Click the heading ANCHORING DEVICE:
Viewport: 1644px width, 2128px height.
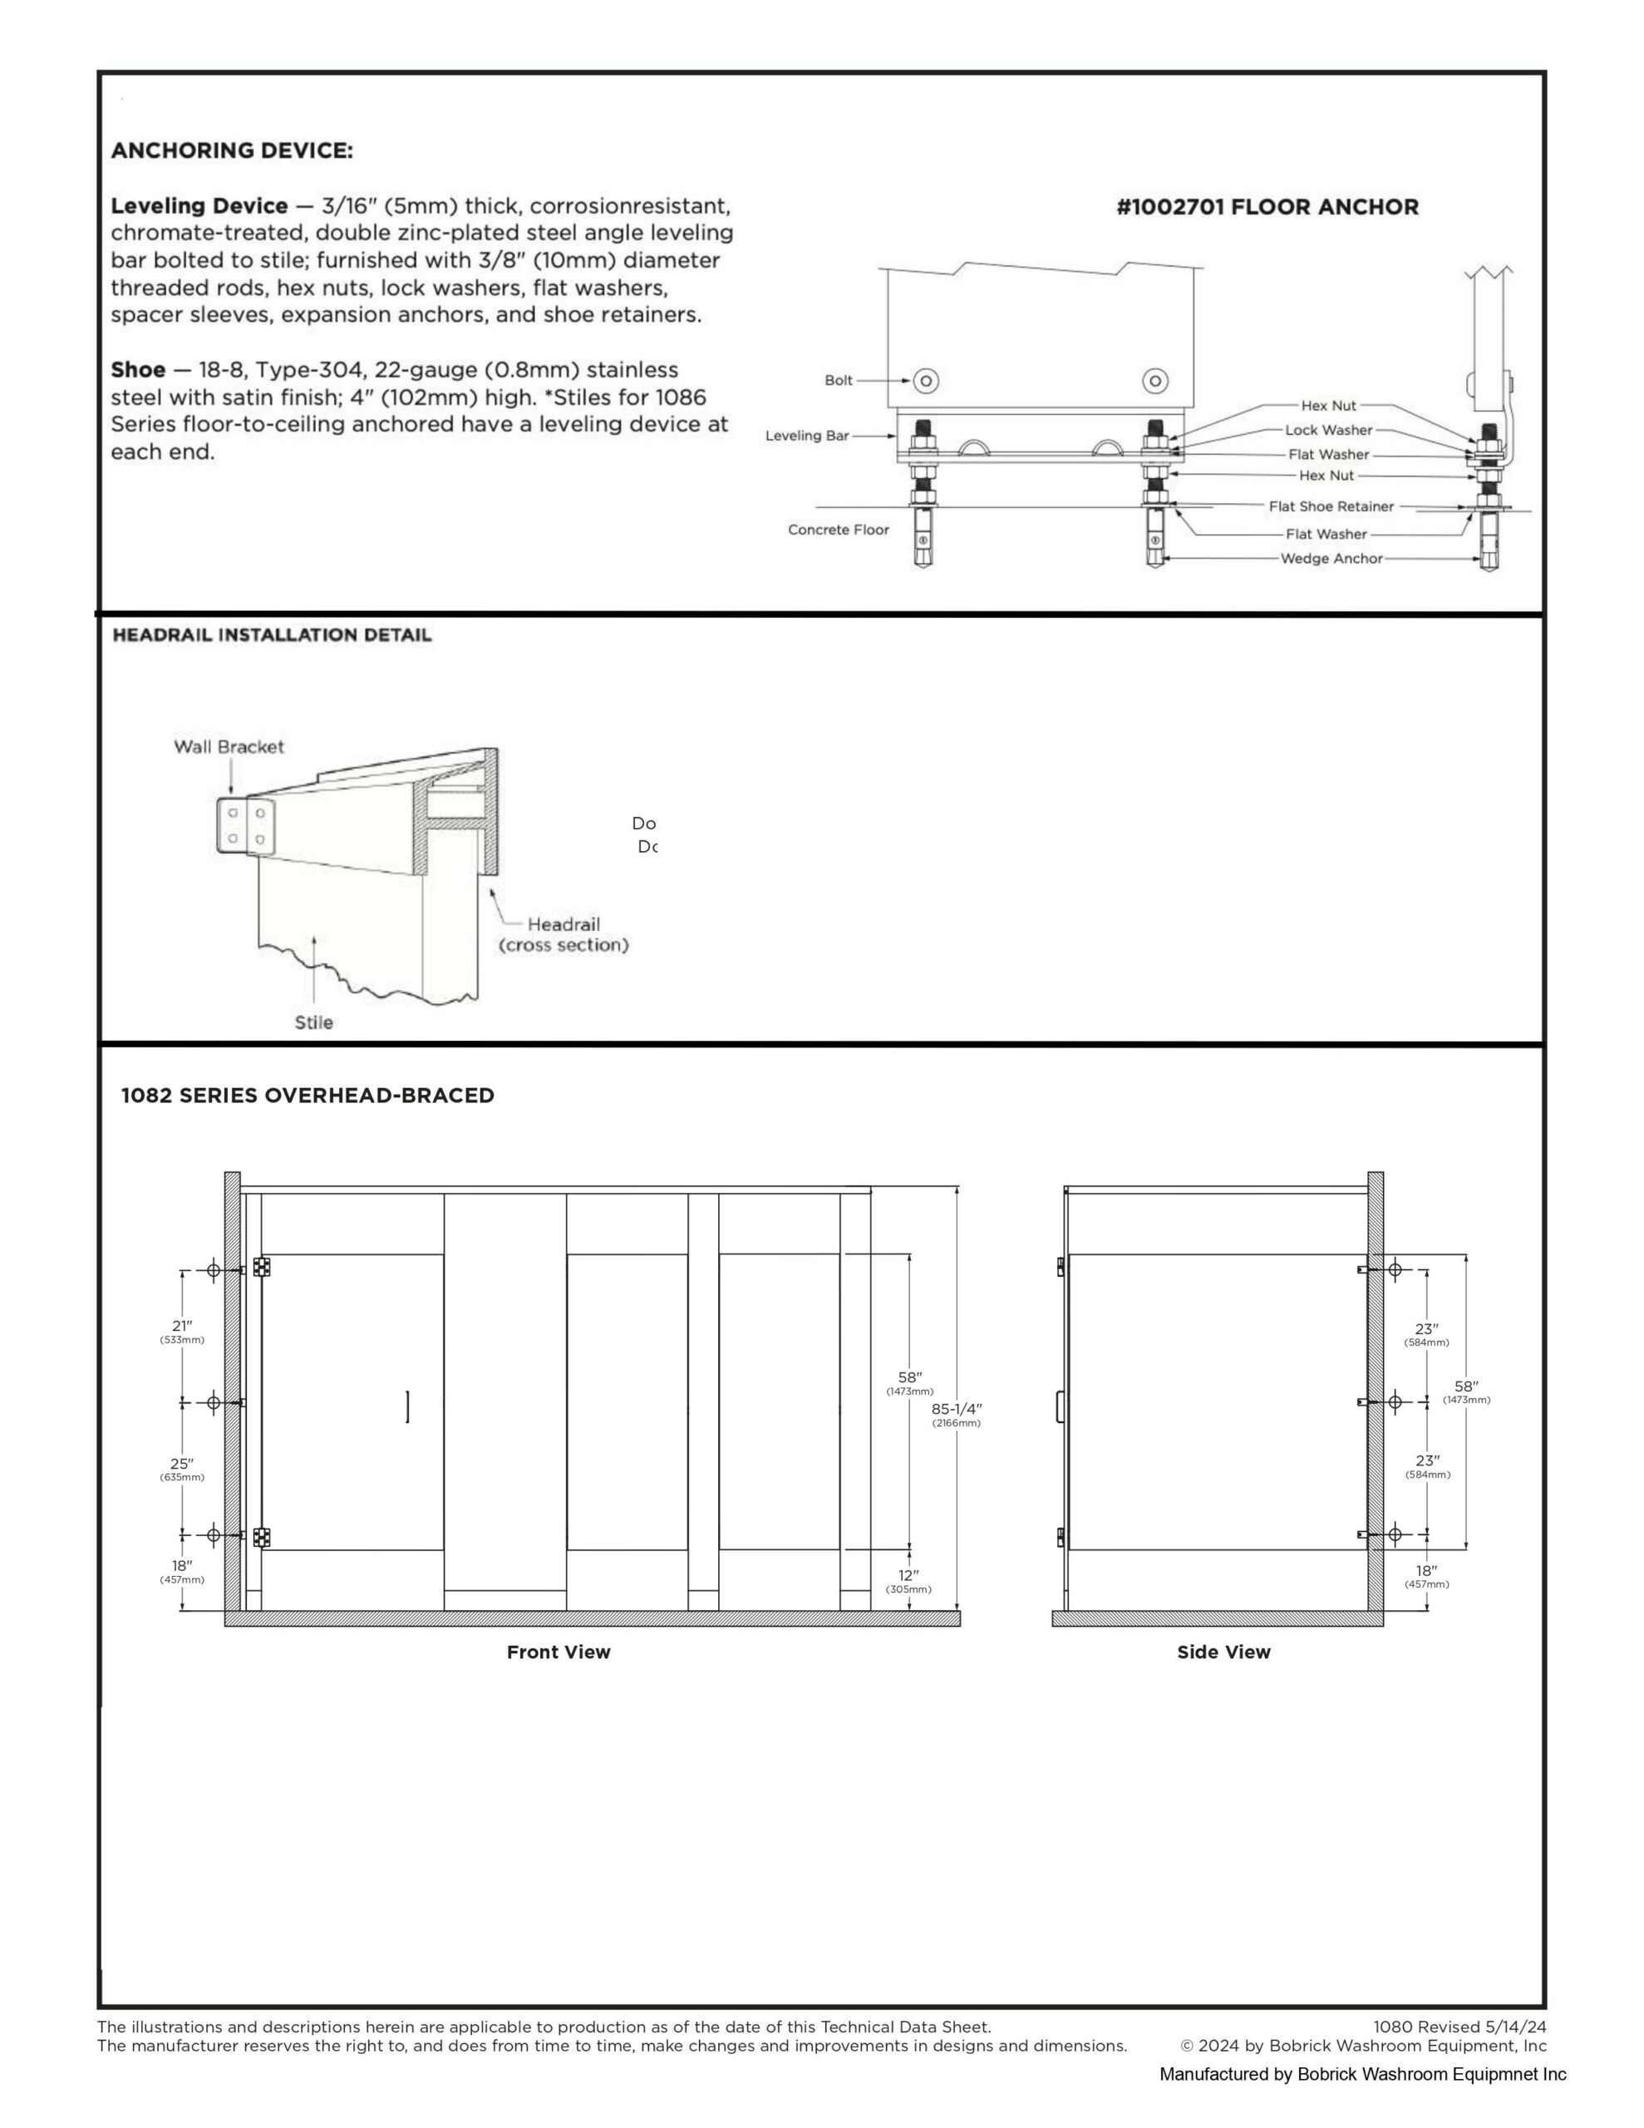coord(232,151)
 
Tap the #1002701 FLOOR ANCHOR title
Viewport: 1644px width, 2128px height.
coord(1267,206)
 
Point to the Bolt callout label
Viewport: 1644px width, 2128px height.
coord(838,380)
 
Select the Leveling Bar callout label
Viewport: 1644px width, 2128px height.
coord(807,436)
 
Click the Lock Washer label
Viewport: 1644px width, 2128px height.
coord(1328,430)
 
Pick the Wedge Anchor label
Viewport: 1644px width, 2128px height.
coord(1331,559)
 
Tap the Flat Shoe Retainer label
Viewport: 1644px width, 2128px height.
coord(1331,507)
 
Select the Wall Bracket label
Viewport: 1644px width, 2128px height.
coord(229,746)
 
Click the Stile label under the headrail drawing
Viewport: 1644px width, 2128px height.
coord(314,1022)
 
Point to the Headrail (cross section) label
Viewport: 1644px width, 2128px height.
coord(564,934)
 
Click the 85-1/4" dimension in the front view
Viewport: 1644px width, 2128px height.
coord(957,1409)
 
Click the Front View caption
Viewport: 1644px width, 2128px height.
coord(559,1652)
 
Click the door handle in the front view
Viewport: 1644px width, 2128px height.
coord(407,1407)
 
